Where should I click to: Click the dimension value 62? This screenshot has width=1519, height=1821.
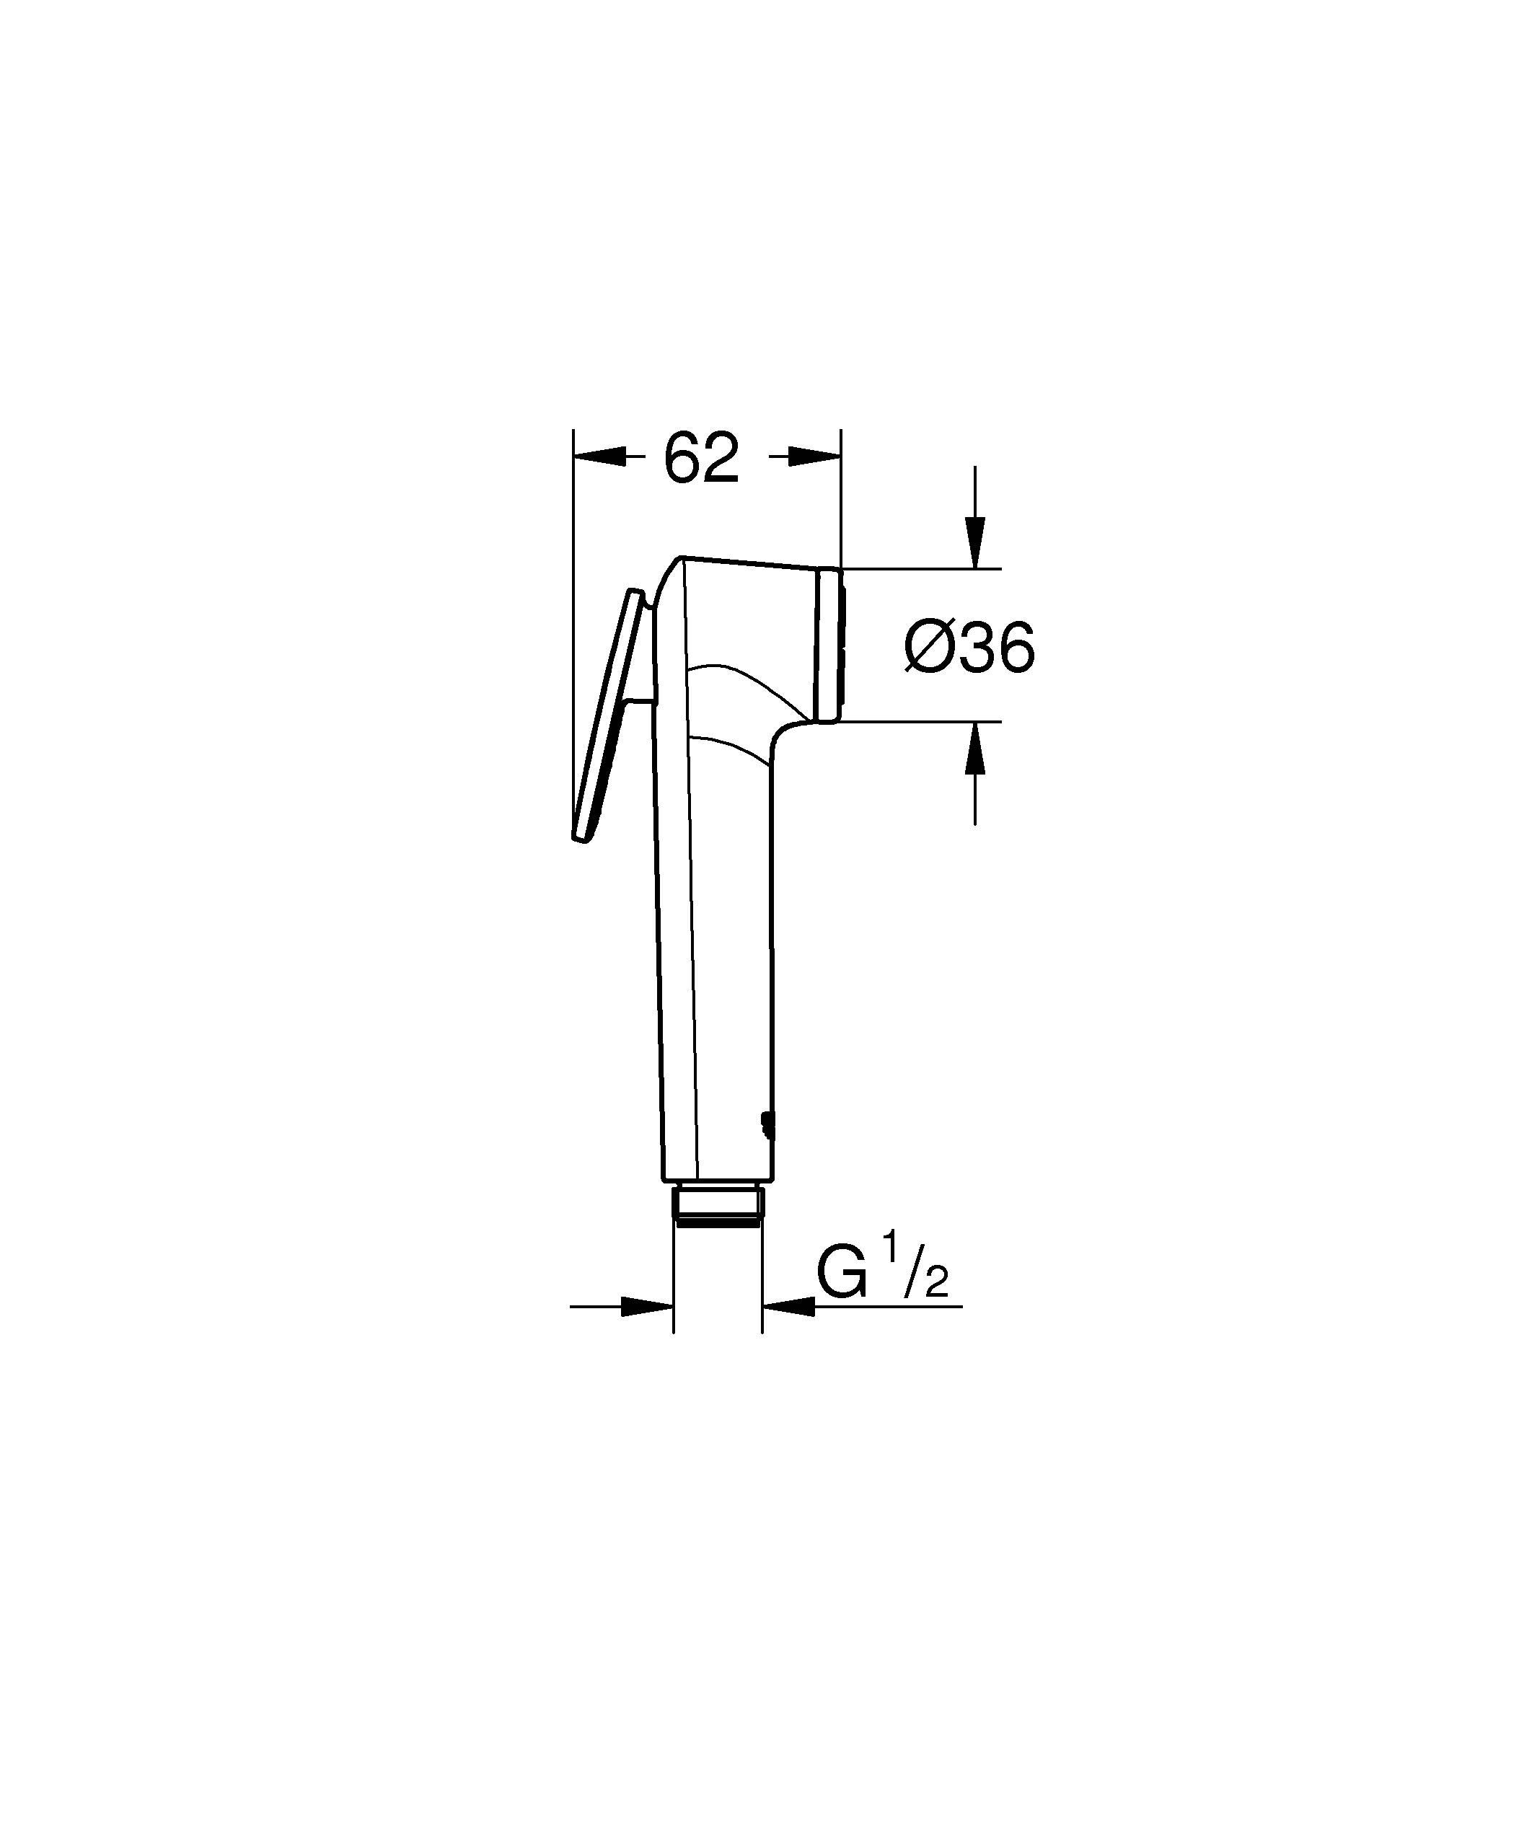[x=700, y=458]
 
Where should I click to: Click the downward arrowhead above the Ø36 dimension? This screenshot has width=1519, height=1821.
[x=975, y=542]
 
